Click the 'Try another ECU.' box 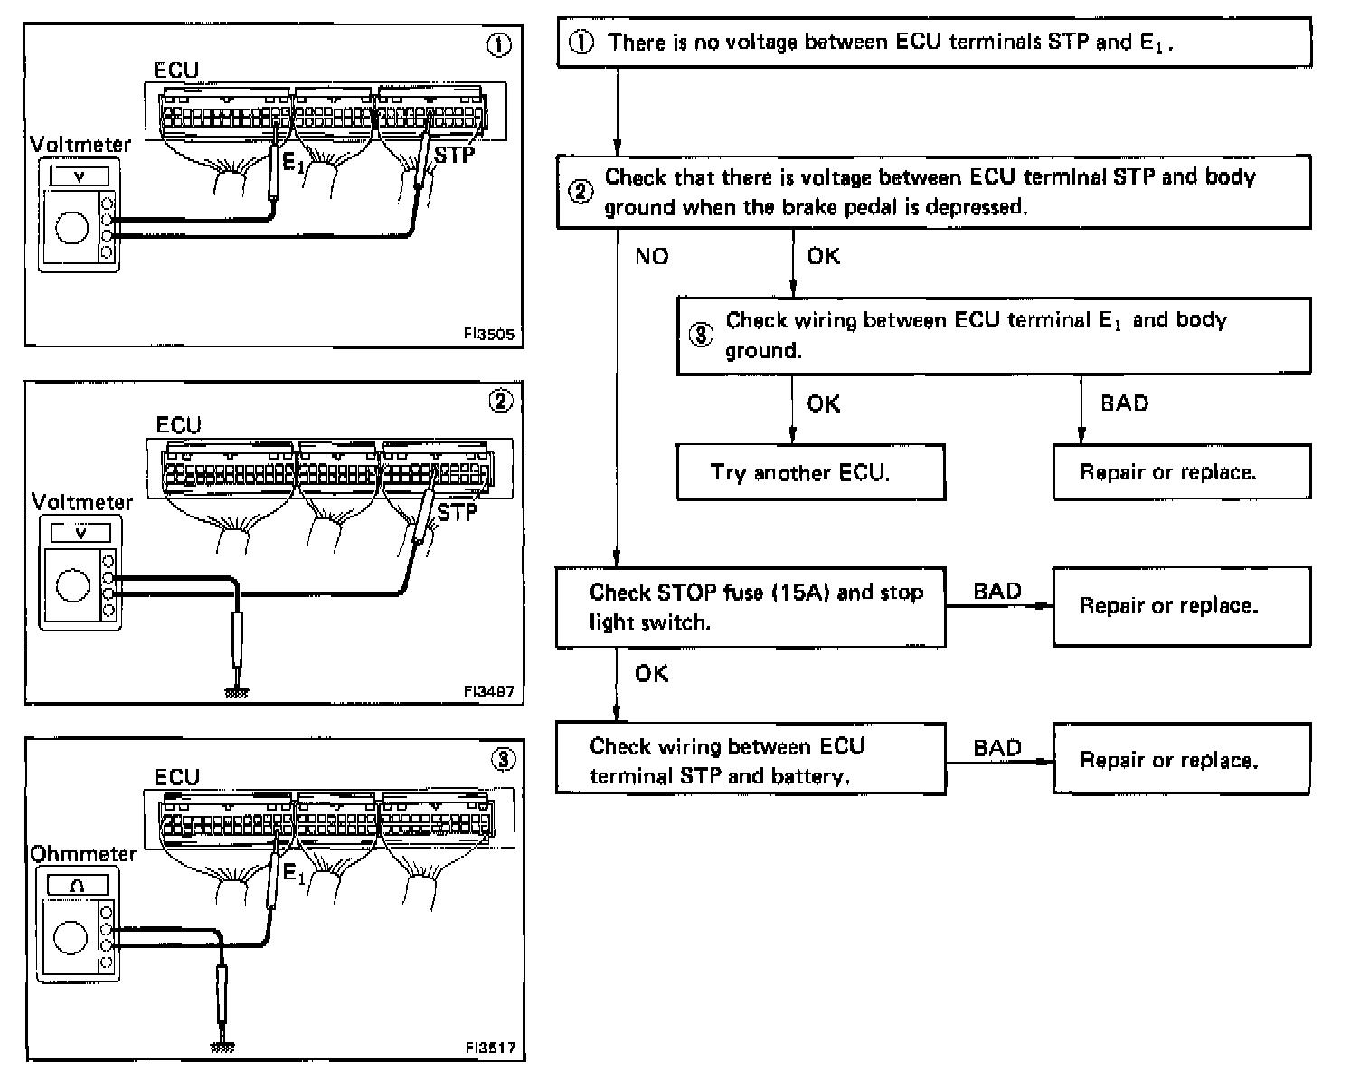[x=810, y=472]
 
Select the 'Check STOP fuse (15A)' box [x=751, y=607]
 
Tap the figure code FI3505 [x=488, y=334]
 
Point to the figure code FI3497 [x=488, y=691]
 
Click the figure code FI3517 [x=489, y=1048]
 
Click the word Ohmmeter [x=83, y=854]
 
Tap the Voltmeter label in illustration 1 [x=80, y=145]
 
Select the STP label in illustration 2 [x=457, y=513]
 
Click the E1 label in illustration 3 [x=294, y=873]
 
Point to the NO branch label [x=651, y=257]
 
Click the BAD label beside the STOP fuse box [x=996, y=592]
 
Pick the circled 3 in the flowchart [x=702, y=335]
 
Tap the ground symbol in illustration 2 [x=237, y=692]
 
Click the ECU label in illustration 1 [x=176, y=71]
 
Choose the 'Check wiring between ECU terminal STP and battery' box [x=751, y=760]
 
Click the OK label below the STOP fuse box [x=651, y=674]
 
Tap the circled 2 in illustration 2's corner [x=500, y=401]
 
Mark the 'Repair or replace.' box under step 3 [x=1181, y=472]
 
